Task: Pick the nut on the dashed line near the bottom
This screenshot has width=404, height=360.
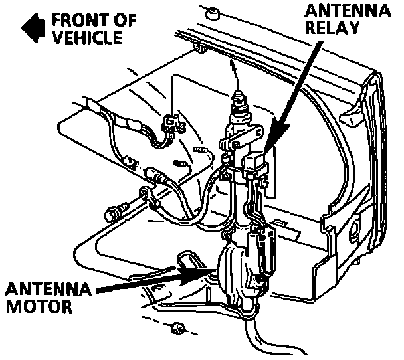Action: pos(177,327)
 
